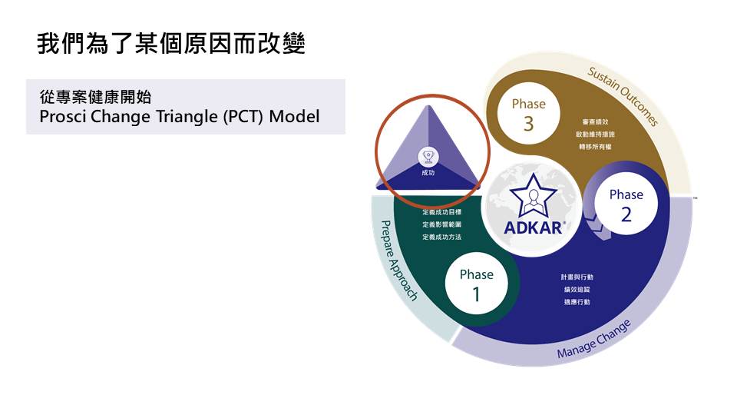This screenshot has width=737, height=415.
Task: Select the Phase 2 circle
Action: (626, 204)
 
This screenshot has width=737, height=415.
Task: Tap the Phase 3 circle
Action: (528, 114)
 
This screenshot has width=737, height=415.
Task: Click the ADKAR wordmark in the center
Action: (534, 227)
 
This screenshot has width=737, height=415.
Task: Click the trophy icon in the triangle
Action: (428, 157)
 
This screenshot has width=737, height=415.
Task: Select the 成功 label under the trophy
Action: (428, 174)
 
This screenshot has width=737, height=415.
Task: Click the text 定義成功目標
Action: (442, 211)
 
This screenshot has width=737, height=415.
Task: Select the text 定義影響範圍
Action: (442, 224)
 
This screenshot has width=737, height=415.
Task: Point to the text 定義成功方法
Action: (442, 237)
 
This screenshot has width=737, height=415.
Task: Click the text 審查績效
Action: (595, 121)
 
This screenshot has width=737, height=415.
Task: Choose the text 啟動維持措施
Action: (595, 134)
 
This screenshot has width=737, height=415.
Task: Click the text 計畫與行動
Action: (577, 277)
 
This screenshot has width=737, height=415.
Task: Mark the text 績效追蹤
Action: (577, 290)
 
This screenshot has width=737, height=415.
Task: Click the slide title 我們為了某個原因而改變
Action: (171, 43)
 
